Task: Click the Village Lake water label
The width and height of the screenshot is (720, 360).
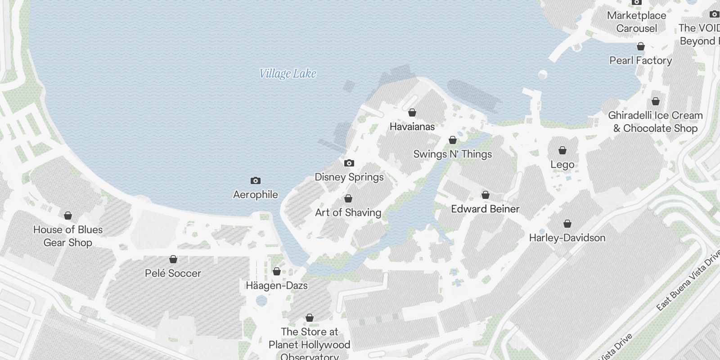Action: [x=288, y=74]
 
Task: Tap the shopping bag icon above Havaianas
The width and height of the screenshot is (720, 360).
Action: [x=412, y=112]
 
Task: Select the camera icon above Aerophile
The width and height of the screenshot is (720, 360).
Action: [x=256, y=180]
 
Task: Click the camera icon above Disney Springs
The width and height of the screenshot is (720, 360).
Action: [x=349, y=163]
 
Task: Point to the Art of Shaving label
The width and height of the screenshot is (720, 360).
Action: [x=348, y=212]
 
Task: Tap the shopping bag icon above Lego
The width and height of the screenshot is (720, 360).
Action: [x=562, y=150]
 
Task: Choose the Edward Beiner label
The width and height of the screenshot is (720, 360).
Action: [x=485, y=209]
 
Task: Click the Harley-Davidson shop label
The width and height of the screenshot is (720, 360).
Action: [x=567, y=238]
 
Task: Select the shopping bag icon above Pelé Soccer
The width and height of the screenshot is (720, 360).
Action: [x=173, y=259]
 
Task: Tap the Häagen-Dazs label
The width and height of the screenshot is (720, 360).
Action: [x=277, y=285]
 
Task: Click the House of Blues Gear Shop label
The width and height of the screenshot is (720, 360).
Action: [x=68, y=236]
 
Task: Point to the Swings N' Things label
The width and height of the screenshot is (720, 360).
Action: [x=453, y=154]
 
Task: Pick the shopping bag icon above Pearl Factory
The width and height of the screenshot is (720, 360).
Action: [x=641, y=46]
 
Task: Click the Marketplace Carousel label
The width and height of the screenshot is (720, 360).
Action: [x=637, y=22]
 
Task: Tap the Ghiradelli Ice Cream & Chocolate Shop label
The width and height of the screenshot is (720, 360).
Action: [x=655, y=121]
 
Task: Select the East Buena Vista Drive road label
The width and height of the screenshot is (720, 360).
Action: [x=688, y=281]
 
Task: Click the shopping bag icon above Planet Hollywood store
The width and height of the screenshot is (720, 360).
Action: [x=310, y=318]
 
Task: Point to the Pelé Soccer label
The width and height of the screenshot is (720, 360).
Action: [x=173, y=273]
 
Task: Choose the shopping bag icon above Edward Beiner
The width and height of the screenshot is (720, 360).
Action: [x=486, y=195]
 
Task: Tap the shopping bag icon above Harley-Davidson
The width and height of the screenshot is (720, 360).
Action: [x=567, y=224]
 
